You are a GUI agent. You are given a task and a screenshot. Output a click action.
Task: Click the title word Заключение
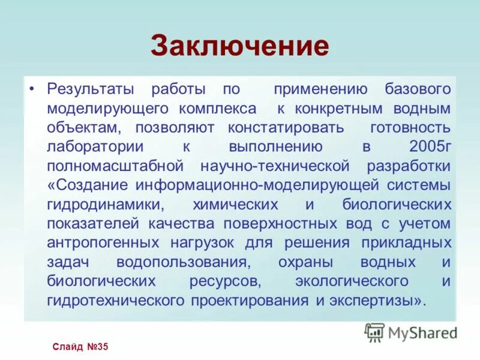coord(240,46)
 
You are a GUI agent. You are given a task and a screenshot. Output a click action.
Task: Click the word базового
coord(418,90)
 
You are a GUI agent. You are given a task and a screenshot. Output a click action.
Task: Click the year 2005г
coord(430,148)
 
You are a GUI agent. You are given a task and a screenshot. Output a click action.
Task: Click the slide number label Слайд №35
coord(79,347)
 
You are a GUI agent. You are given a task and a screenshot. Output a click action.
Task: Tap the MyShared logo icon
coord(374,332)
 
